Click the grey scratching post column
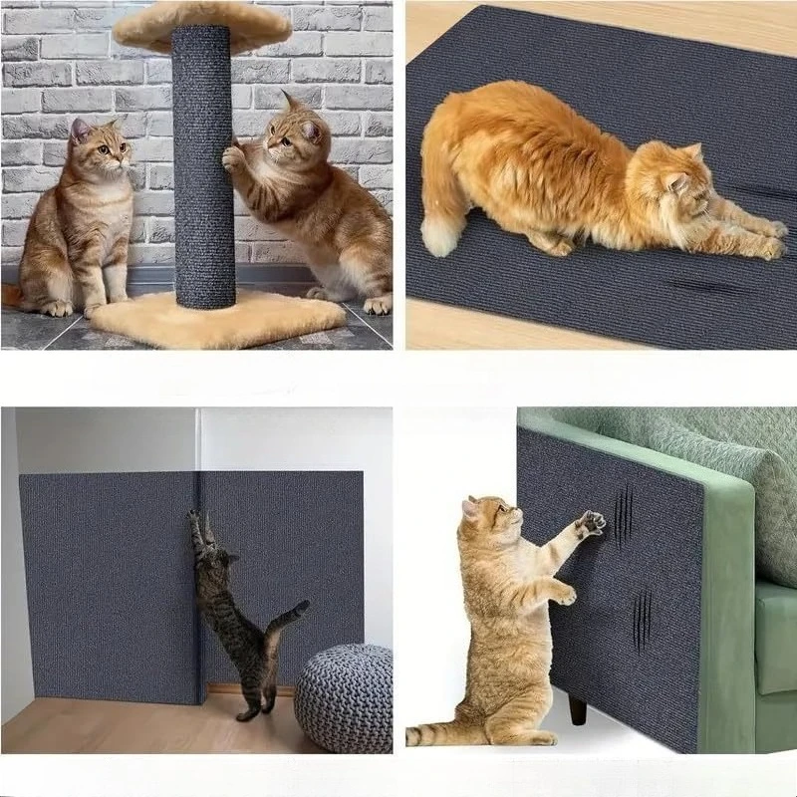click(x=203, y=169)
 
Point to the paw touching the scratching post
click(x=233, y=157)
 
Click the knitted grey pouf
click(x=344, y=697)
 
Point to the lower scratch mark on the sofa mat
click(x=643, y=621)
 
